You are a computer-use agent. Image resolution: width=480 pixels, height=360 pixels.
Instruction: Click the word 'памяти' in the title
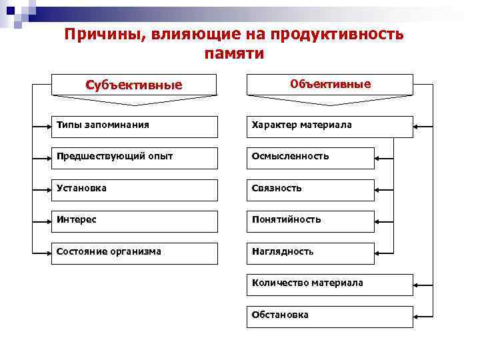(x=234, y=54)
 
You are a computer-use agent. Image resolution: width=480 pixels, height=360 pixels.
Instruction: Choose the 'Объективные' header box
(x=330, y=85)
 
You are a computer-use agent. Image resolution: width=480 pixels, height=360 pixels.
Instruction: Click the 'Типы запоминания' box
(x=134, y=127)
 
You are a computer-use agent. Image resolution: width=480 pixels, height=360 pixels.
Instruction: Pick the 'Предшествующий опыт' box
(x=134, y=158)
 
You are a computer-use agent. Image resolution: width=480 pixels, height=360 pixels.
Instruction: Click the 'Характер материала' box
(x=330, y=127)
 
